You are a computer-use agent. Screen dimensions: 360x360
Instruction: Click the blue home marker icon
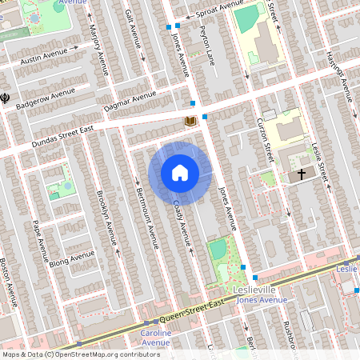180,171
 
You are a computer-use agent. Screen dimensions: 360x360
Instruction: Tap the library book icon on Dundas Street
190,121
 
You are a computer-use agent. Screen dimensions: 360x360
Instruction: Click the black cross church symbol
302,174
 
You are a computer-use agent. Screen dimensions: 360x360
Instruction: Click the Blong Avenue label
71,258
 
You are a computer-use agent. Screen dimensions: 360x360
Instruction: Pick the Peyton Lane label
209,42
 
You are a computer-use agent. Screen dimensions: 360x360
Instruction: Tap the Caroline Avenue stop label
155,338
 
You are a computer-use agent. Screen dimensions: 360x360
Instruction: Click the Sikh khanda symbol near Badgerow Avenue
6,97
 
